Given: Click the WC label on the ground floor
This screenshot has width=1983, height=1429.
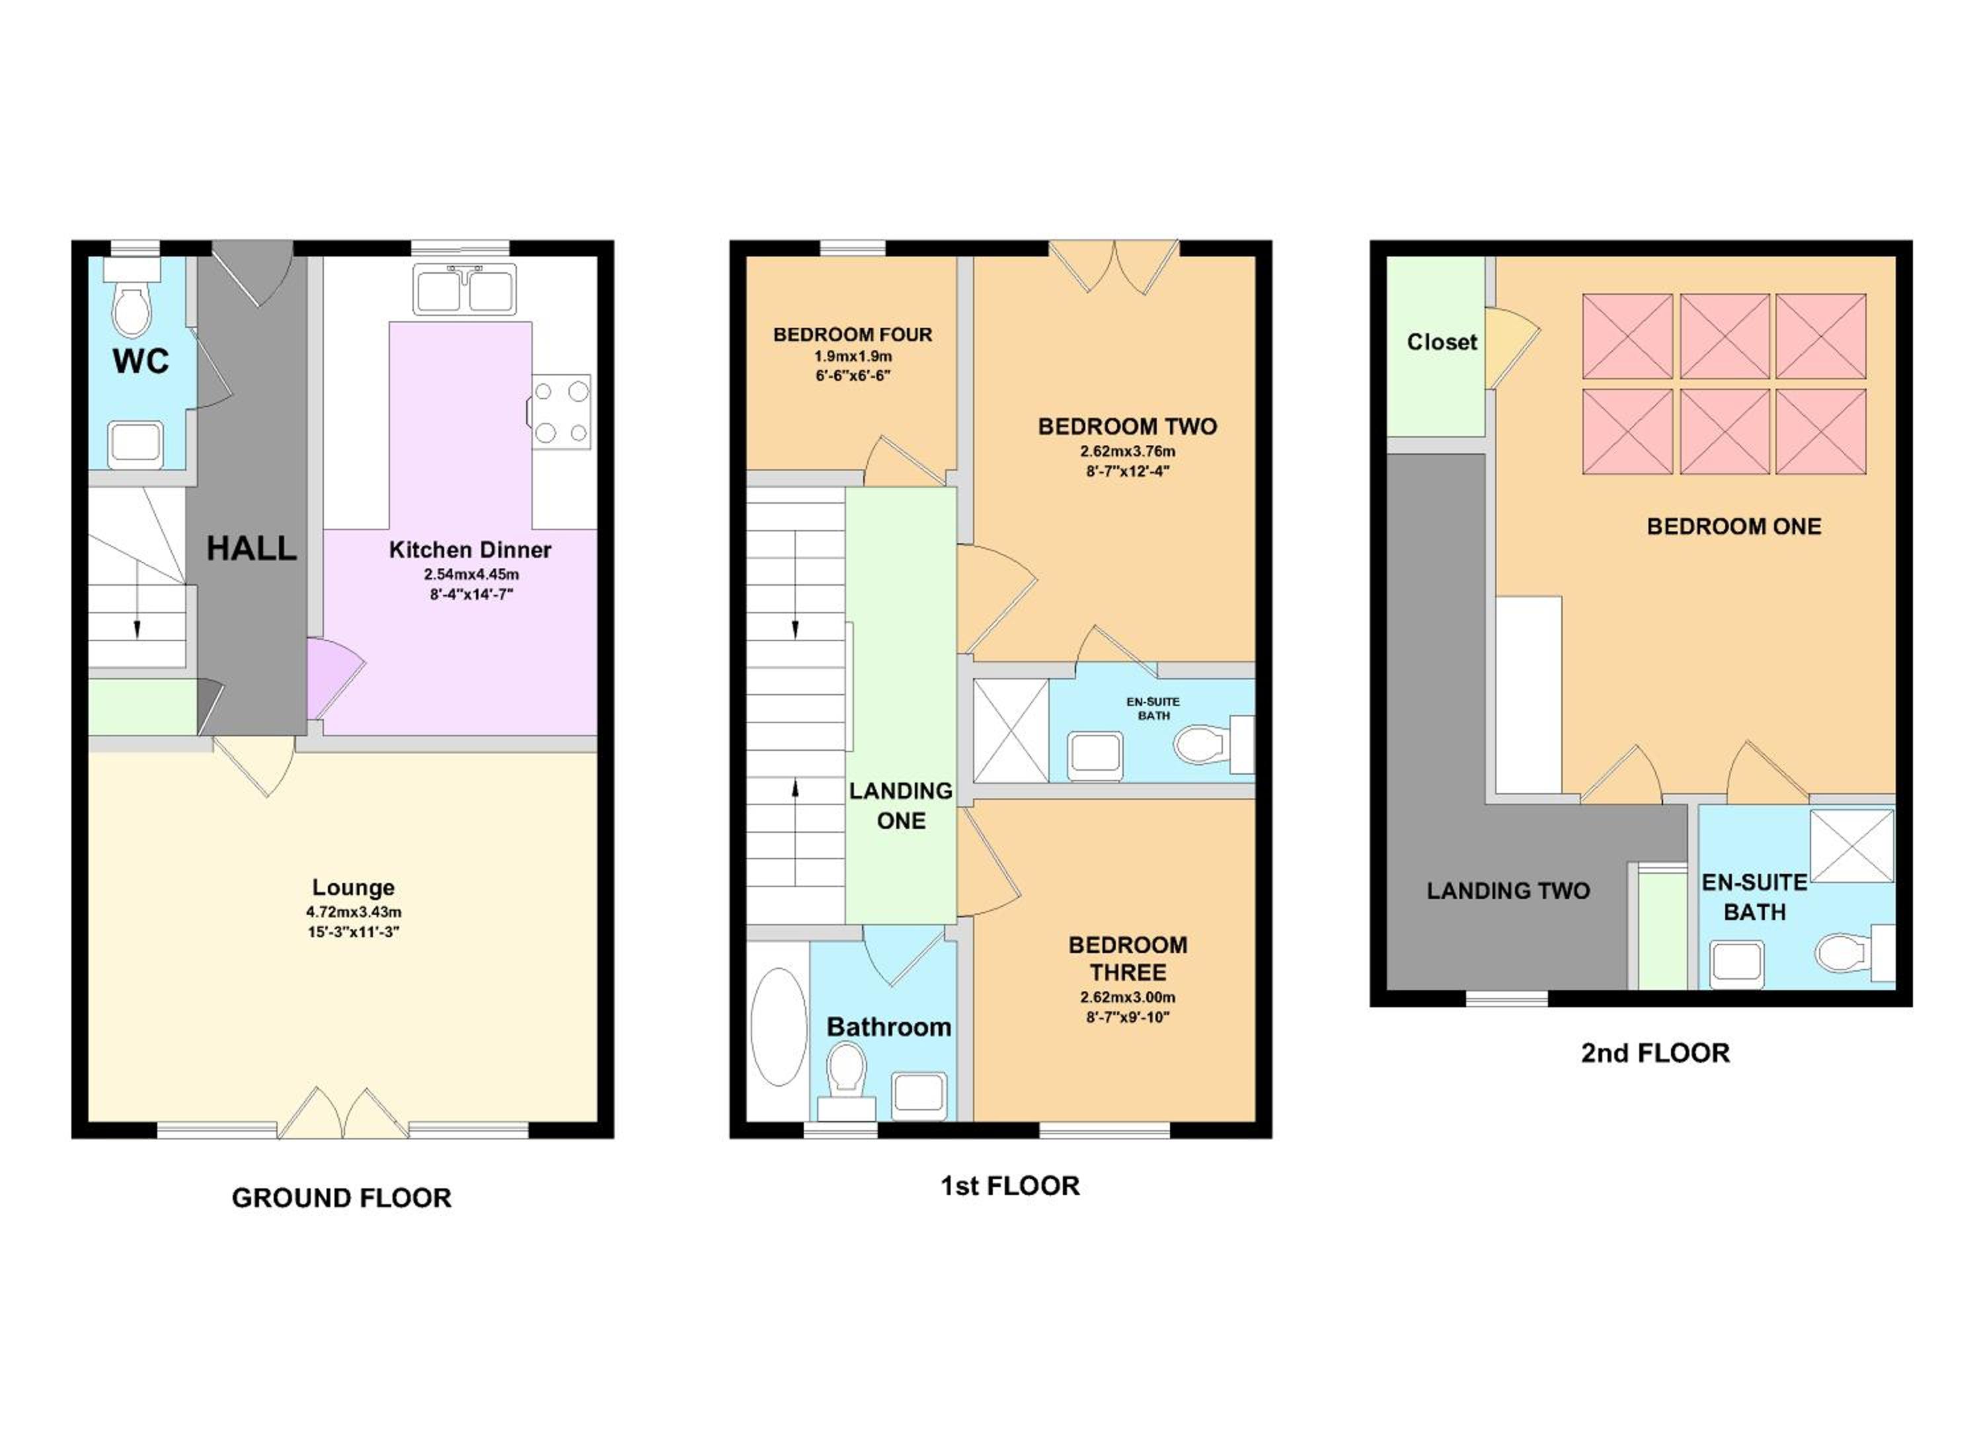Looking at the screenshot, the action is click(141, 360).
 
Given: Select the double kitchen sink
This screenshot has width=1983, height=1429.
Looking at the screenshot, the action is click(465, 290).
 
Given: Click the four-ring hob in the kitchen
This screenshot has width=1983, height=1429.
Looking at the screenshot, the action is click(561, 412).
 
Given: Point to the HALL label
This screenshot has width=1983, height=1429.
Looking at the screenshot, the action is click(252, 549).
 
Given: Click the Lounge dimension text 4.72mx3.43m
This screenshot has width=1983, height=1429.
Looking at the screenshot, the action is click(353, 912).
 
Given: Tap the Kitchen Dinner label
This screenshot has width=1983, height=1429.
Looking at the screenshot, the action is click(471, 550).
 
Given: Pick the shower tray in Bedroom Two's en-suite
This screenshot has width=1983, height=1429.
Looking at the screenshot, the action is click(1011, 730).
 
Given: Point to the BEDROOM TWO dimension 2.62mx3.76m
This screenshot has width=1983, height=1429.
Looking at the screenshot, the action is click(1128, 452).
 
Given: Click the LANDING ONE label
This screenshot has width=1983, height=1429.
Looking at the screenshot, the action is click(902, 806).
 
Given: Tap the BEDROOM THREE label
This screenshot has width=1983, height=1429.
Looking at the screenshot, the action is click(1128, 958).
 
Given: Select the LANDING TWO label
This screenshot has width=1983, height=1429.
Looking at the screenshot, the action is click(1508, 890).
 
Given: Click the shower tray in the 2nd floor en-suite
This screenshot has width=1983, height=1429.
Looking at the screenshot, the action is click(1851, 845).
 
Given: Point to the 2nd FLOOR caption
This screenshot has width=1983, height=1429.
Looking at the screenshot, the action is click(1655, 1052).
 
